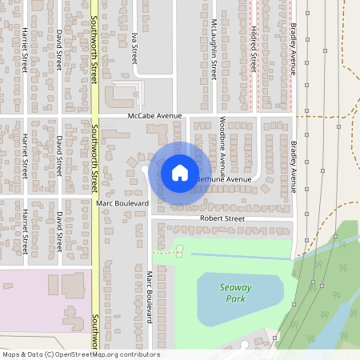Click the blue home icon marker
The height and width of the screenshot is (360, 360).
coord(179,172)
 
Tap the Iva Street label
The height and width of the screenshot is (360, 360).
coord(134,48)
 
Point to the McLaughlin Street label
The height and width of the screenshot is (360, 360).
coord(214,49)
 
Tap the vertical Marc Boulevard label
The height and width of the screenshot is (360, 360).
coord(149,297)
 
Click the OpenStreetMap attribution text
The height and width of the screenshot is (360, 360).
coord(80,354)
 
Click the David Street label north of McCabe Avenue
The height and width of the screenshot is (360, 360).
coord(58,48)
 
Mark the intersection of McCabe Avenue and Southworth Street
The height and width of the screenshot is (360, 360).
coord(94,116)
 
